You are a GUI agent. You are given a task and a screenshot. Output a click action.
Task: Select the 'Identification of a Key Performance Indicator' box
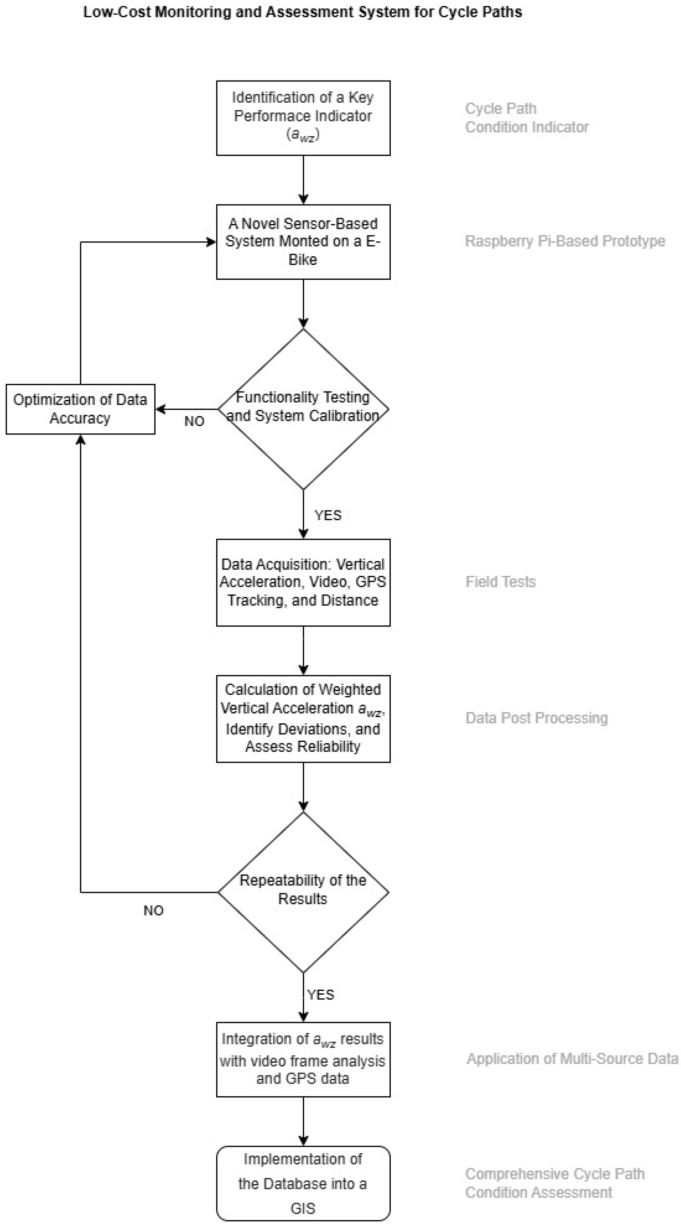[x=303, y=118]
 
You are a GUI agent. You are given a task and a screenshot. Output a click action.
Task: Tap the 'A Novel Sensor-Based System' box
[x=303, y=242]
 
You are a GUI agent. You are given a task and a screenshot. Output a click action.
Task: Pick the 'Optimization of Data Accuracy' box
[x=80, y=409]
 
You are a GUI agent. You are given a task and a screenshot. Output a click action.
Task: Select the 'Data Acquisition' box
[x=303, y=582]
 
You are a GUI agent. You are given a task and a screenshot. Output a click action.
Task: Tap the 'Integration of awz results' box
[x=303, y=1059]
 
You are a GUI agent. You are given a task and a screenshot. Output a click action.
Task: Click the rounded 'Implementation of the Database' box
[x=303, y=1183]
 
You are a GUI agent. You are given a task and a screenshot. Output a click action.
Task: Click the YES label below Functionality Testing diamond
[x=328, y=515]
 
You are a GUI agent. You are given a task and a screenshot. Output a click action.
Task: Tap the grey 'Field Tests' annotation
[x=500, y=582]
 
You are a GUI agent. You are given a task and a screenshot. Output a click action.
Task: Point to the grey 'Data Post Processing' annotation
[x=536, y=718]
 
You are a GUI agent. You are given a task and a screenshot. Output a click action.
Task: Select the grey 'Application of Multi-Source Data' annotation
[x=572, y=1059]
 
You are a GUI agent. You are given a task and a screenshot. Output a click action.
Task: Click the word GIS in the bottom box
[x=303, y=1208]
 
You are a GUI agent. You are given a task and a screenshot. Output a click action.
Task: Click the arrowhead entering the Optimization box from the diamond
[x=160, y=409]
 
